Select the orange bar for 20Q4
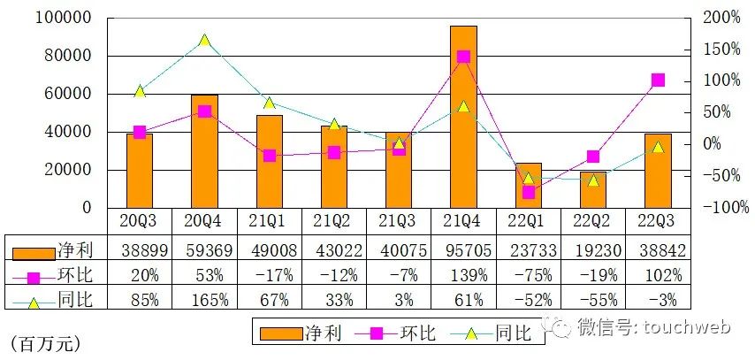click(x=204, y=151)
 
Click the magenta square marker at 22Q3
click(x=658, y=80)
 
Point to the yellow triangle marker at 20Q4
click(x=204, y=41)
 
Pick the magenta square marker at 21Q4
click(x=463, y=57)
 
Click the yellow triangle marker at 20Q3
click(x=140, y=91)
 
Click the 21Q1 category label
click(x=269, y=220)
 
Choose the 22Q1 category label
click(x=528, y=220)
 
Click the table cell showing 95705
click(x=463, y=250)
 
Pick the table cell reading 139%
click(x=463, y=275)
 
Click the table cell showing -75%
click(x=528, y=275)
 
